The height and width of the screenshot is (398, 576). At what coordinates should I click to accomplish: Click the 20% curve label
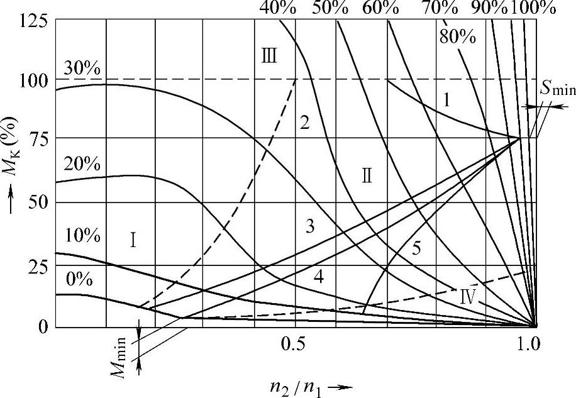tap(82, 165)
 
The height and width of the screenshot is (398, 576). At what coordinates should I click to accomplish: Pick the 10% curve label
tap(82, 236)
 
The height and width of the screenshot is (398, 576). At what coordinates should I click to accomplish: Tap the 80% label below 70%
tap(457, 36)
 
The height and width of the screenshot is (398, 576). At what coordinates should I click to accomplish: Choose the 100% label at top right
tap(533, 9)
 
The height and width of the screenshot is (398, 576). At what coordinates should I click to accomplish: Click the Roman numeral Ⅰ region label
tap(133, 240)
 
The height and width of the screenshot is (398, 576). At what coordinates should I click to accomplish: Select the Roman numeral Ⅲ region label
tap(269, 55)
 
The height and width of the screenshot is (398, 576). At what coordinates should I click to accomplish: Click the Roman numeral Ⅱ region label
tap(367, 175)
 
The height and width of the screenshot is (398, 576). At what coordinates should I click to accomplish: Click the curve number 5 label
tap(416, 248)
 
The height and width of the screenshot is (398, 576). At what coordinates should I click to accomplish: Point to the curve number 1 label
tap(446, 99)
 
